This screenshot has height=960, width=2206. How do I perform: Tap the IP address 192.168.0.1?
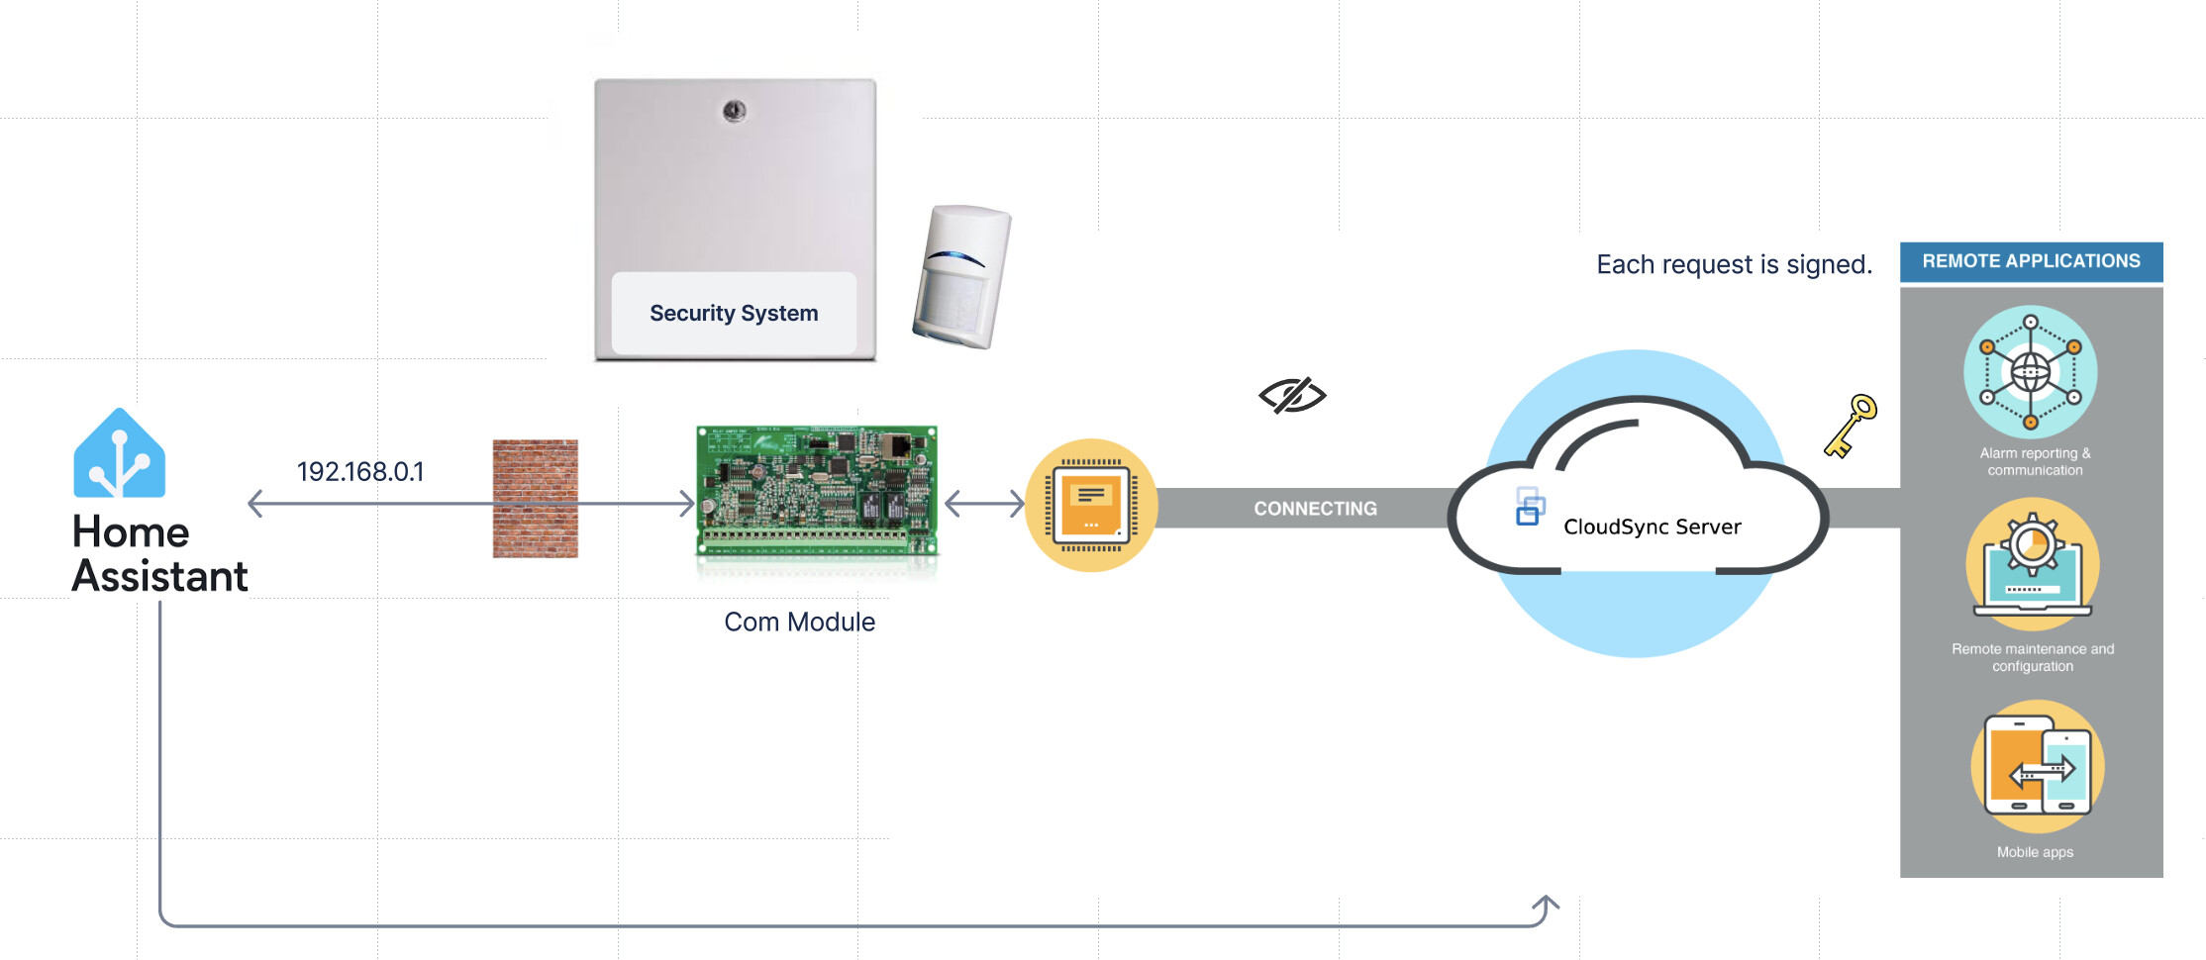(x=360, y=471)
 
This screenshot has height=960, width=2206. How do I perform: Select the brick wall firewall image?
(x=535, y=498)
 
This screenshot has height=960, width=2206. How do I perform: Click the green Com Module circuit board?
(x=816, y=491)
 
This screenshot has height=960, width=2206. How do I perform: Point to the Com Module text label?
(x=799, y=622)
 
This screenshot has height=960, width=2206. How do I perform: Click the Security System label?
(x=734, y=313)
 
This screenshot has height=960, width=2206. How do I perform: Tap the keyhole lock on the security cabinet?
(x=734, y=111)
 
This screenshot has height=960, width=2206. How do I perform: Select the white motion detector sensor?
(x=960, y=276)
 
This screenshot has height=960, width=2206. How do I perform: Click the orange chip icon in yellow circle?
(x=1091, y=505)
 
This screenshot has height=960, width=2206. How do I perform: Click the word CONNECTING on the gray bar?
(x=1315, y=509)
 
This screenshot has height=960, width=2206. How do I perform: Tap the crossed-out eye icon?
(x=1292, y=395)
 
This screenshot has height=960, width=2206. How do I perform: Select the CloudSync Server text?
(x=1652, y=527)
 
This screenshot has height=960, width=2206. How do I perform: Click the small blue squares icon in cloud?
(x=1530, y=506)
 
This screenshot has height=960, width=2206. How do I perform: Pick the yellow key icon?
(x=1851, y=426)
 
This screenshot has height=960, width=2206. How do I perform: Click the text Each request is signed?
(x=1734, y=264)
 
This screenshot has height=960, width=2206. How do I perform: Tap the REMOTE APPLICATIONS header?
(x=2031, y=261)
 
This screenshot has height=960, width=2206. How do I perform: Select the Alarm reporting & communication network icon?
(x=2030, y=372)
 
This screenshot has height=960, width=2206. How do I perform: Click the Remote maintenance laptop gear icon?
(x=2032, y=564)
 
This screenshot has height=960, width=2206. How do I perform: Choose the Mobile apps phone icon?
(x=2037, y=766)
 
